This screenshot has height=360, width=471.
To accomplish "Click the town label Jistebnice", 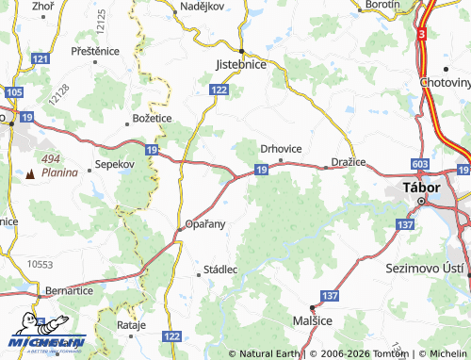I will click(x=241, y=64).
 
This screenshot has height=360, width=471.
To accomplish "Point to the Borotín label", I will click(x=382, y=5).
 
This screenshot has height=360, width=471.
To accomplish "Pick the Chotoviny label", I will click(x=446, y=82).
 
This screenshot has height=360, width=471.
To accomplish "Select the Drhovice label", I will click(x=280, y=148).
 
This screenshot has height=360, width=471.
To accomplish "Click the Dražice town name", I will click(x=347, y=163).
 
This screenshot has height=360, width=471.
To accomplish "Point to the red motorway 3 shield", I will click(x=423, y=34).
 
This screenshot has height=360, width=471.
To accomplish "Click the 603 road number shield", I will click(x=419, y=164).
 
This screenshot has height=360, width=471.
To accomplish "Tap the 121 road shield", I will click(x=40, y=58).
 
